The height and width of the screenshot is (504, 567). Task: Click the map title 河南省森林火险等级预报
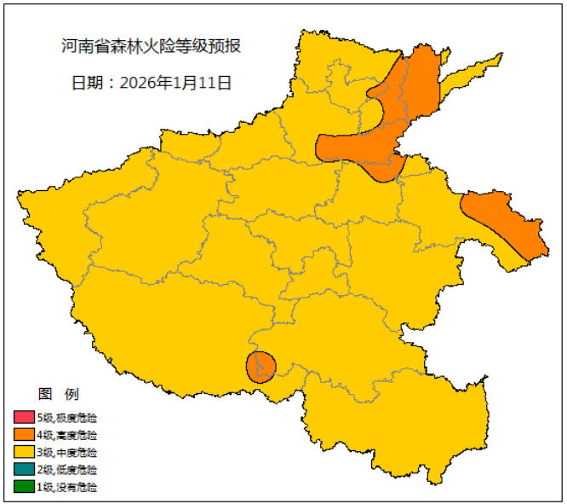[152, 46]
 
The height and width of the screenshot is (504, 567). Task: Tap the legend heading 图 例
[59, 394]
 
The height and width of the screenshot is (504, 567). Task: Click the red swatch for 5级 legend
[23, 418]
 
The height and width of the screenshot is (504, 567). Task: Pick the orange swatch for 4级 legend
[23, 435]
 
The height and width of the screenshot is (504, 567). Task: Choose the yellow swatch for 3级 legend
[23, 452]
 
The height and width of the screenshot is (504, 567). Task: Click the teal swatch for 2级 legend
[23, 470]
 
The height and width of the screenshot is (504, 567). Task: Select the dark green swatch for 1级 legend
[23, 487]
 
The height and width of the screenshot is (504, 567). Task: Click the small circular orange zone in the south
[261, 366]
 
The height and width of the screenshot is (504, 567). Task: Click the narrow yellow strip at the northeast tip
[477, 72]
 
